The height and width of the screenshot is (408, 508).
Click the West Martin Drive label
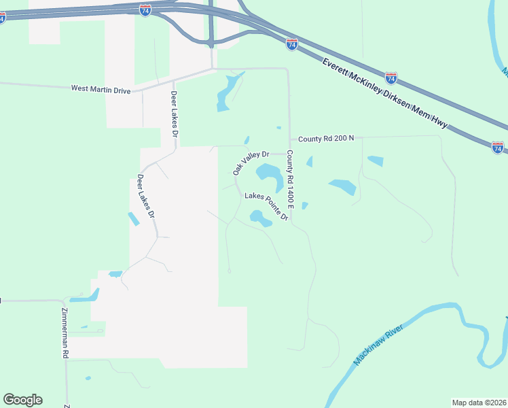point(101,88)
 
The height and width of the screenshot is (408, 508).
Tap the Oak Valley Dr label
point(251,163)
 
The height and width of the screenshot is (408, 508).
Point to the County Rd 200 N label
point(326,139)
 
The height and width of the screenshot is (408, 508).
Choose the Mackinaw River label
point(379,345)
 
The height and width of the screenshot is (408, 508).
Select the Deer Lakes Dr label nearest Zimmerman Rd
point(145,196)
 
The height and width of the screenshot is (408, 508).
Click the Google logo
point(22,400)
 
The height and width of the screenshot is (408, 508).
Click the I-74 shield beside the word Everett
point(292,44)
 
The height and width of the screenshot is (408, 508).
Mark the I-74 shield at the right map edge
point(498,147)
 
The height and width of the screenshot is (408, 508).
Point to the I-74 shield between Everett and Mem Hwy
point(391,78)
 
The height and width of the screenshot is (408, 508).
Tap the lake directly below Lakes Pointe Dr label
point(260,218)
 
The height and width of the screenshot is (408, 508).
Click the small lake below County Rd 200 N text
point(375,161)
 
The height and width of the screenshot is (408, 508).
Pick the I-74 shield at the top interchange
point(145,10)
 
